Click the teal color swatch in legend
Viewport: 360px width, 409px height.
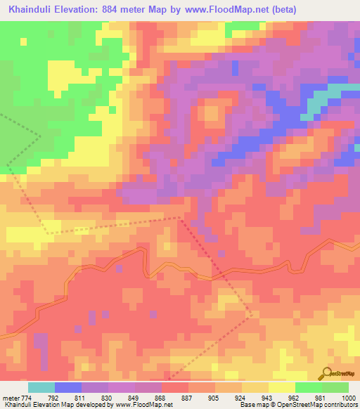[41, 387]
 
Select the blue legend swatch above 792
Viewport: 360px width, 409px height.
[68, 387]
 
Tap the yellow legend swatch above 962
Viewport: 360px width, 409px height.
[282, 387]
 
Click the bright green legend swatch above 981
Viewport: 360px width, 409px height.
[309, 387]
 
